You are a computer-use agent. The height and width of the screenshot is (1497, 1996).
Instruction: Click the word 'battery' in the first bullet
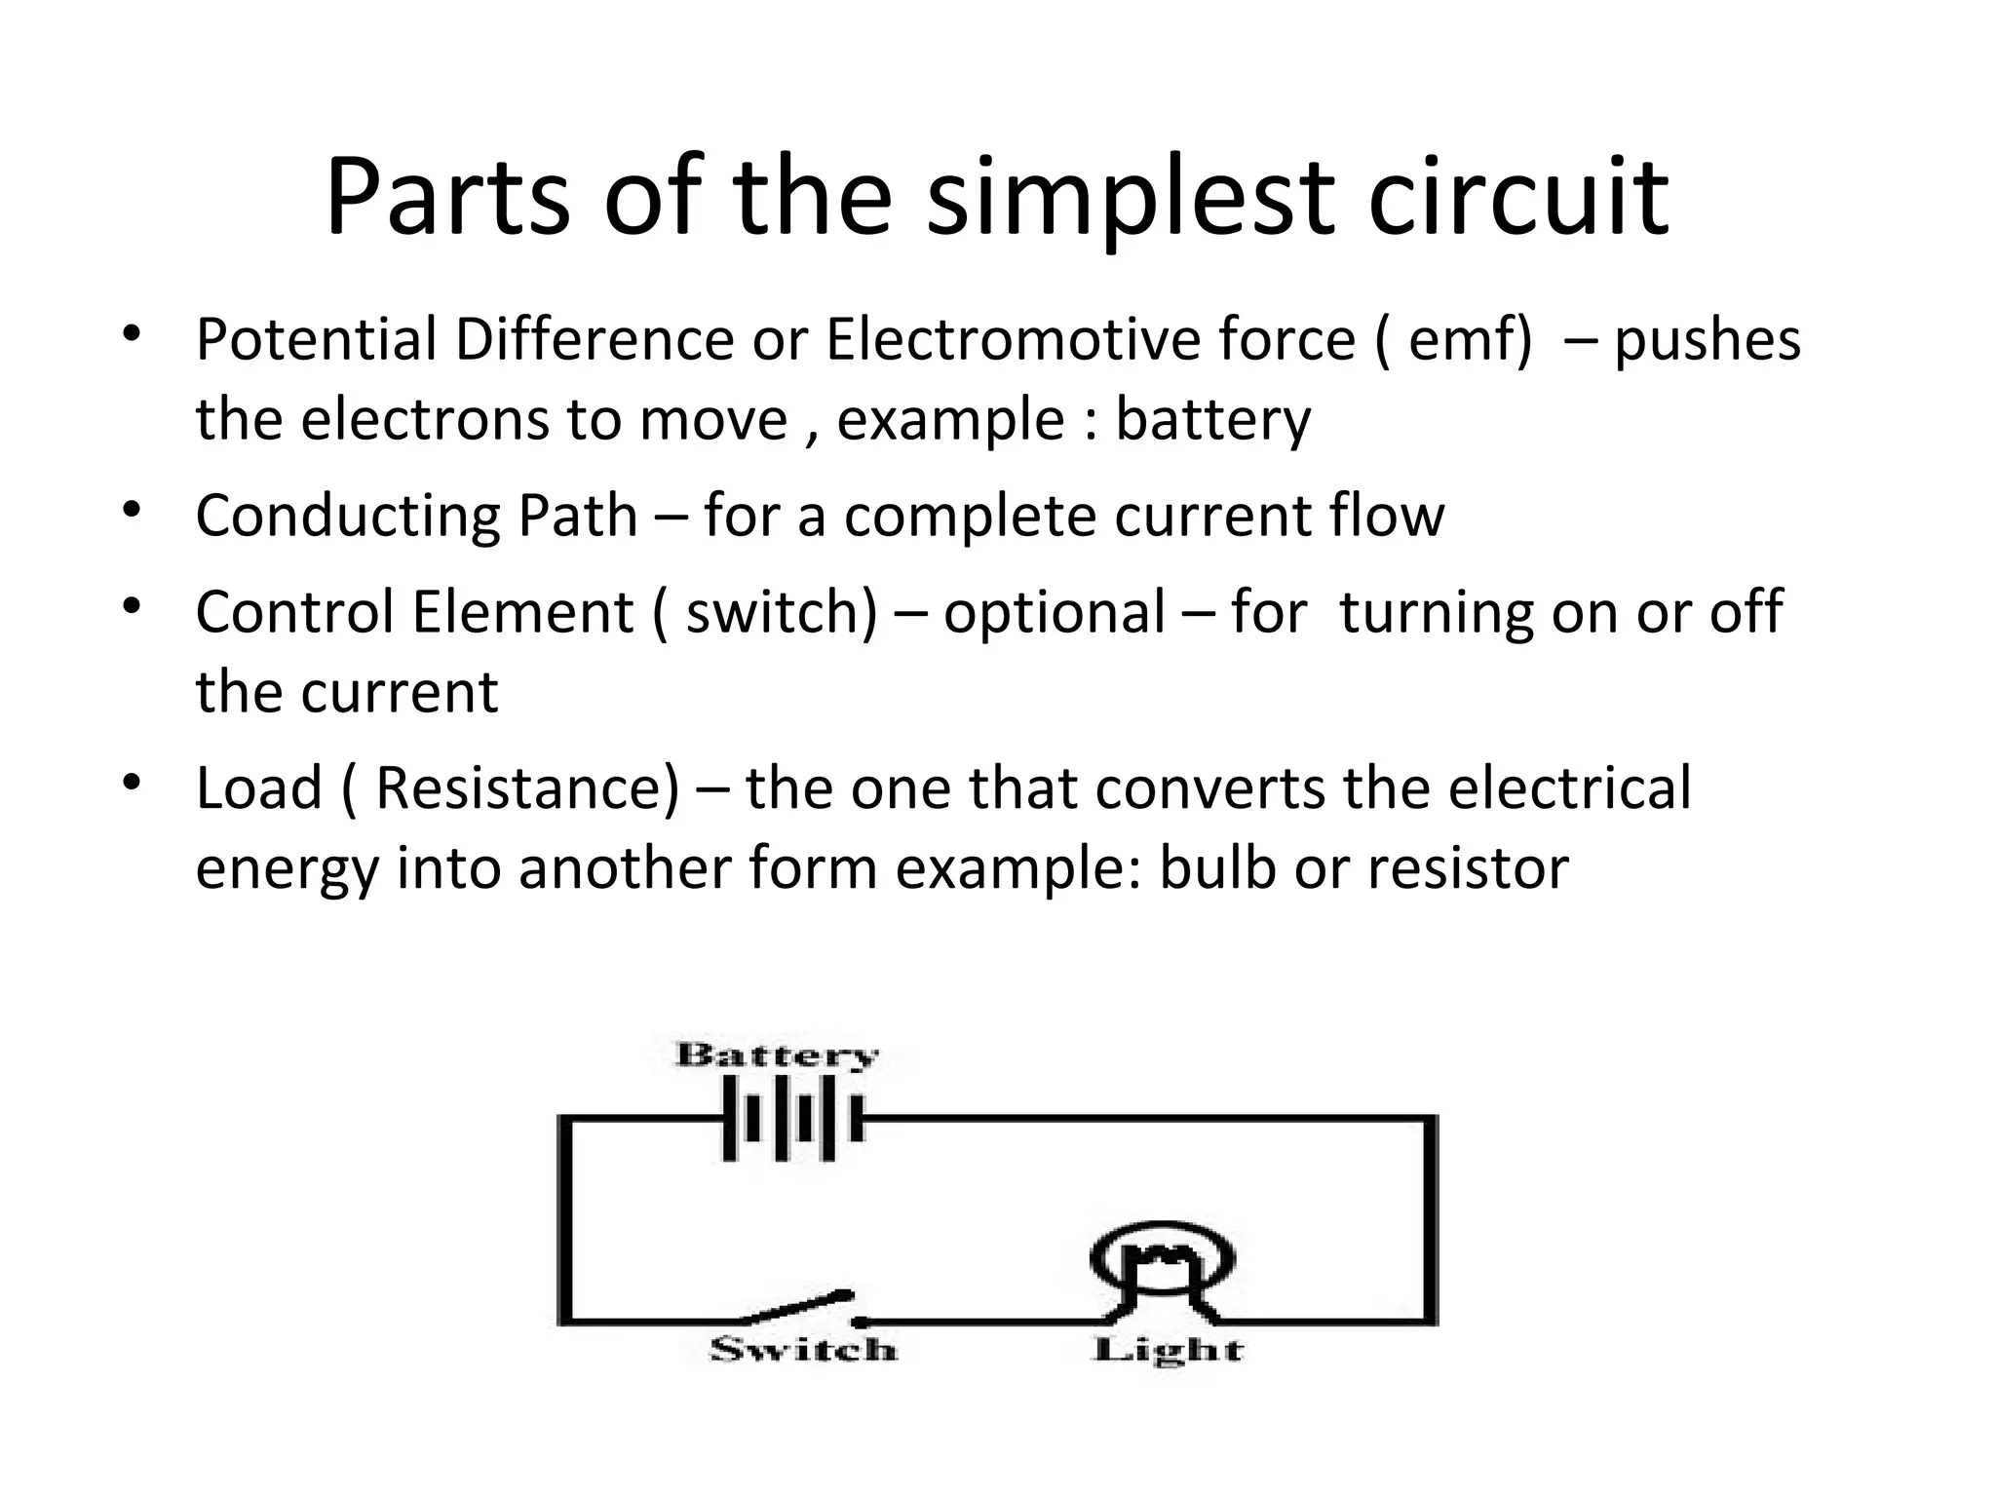tap(1212, 421)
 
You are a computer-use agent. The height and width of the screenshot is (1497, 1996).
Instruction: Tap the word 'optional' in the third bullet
tap(1055, 613)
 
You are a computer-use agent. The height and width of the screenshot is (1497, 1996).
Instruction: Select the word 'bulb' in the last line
tap(1217, 867)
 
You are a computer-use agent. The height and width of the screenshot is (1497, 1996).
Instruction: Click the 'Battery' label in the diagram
tap(777, 1056)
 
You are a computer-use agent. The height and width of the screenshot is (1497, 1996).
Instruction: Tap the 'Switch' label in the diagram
tap(803, 1350)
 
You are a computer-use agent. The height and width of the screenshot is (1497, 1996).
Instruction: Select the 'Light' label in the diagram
tap(1168, 1350)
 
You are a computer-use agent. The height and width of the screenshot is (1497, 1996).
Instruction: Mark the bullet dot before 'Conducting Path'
tap(134, 509)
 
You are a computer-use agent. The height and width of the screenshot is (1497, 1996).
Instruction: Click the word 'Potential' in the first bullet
tap(317, 340)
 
